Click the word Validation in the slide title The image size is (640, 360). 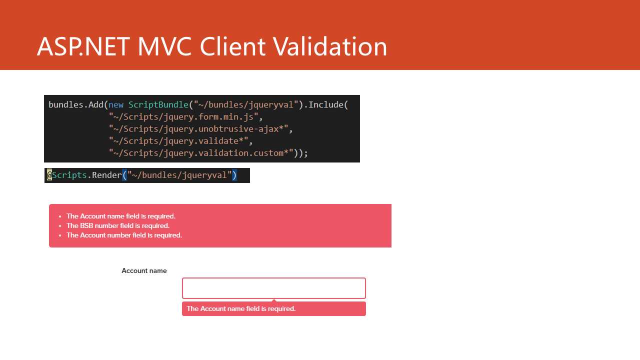pyautogui.click(x=330, y=46)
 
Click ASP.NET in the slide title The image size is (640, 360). pyautogui.click(x=83, y=46)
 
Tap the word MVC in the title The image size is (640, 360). pyautogui.click(x=164, y=46)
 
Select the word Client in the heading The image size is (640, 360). pyautogui.click(x=232, y=46)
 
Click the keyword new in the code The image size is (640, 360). pyautogui.click(x=115, y=105)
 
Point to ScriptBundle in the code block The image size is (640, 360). pyautogui.click(x=158, y=105)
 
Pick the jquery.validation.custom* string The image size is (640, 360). pyautogui.click(x=201, y=153)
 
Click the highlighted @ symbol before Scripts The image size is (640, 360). pyautogui.click(x=49, y=175)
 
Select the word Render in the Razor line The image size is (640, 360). pyautogui.click(x=107, y=175)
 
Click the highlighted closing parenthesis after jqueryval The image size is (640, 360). pyautogui.click(x=234, y=175)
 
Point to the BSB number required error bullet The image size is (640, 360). pyautogui.click(x=117, y=225)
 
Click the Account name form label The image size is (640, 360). pyautogui.click(x=144, y=270)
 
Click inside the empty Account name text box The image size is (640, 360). pyautogui.click(x=273, y=288)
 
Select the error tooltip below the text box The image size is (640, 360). pyautogui.click(x=273, y=308)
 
